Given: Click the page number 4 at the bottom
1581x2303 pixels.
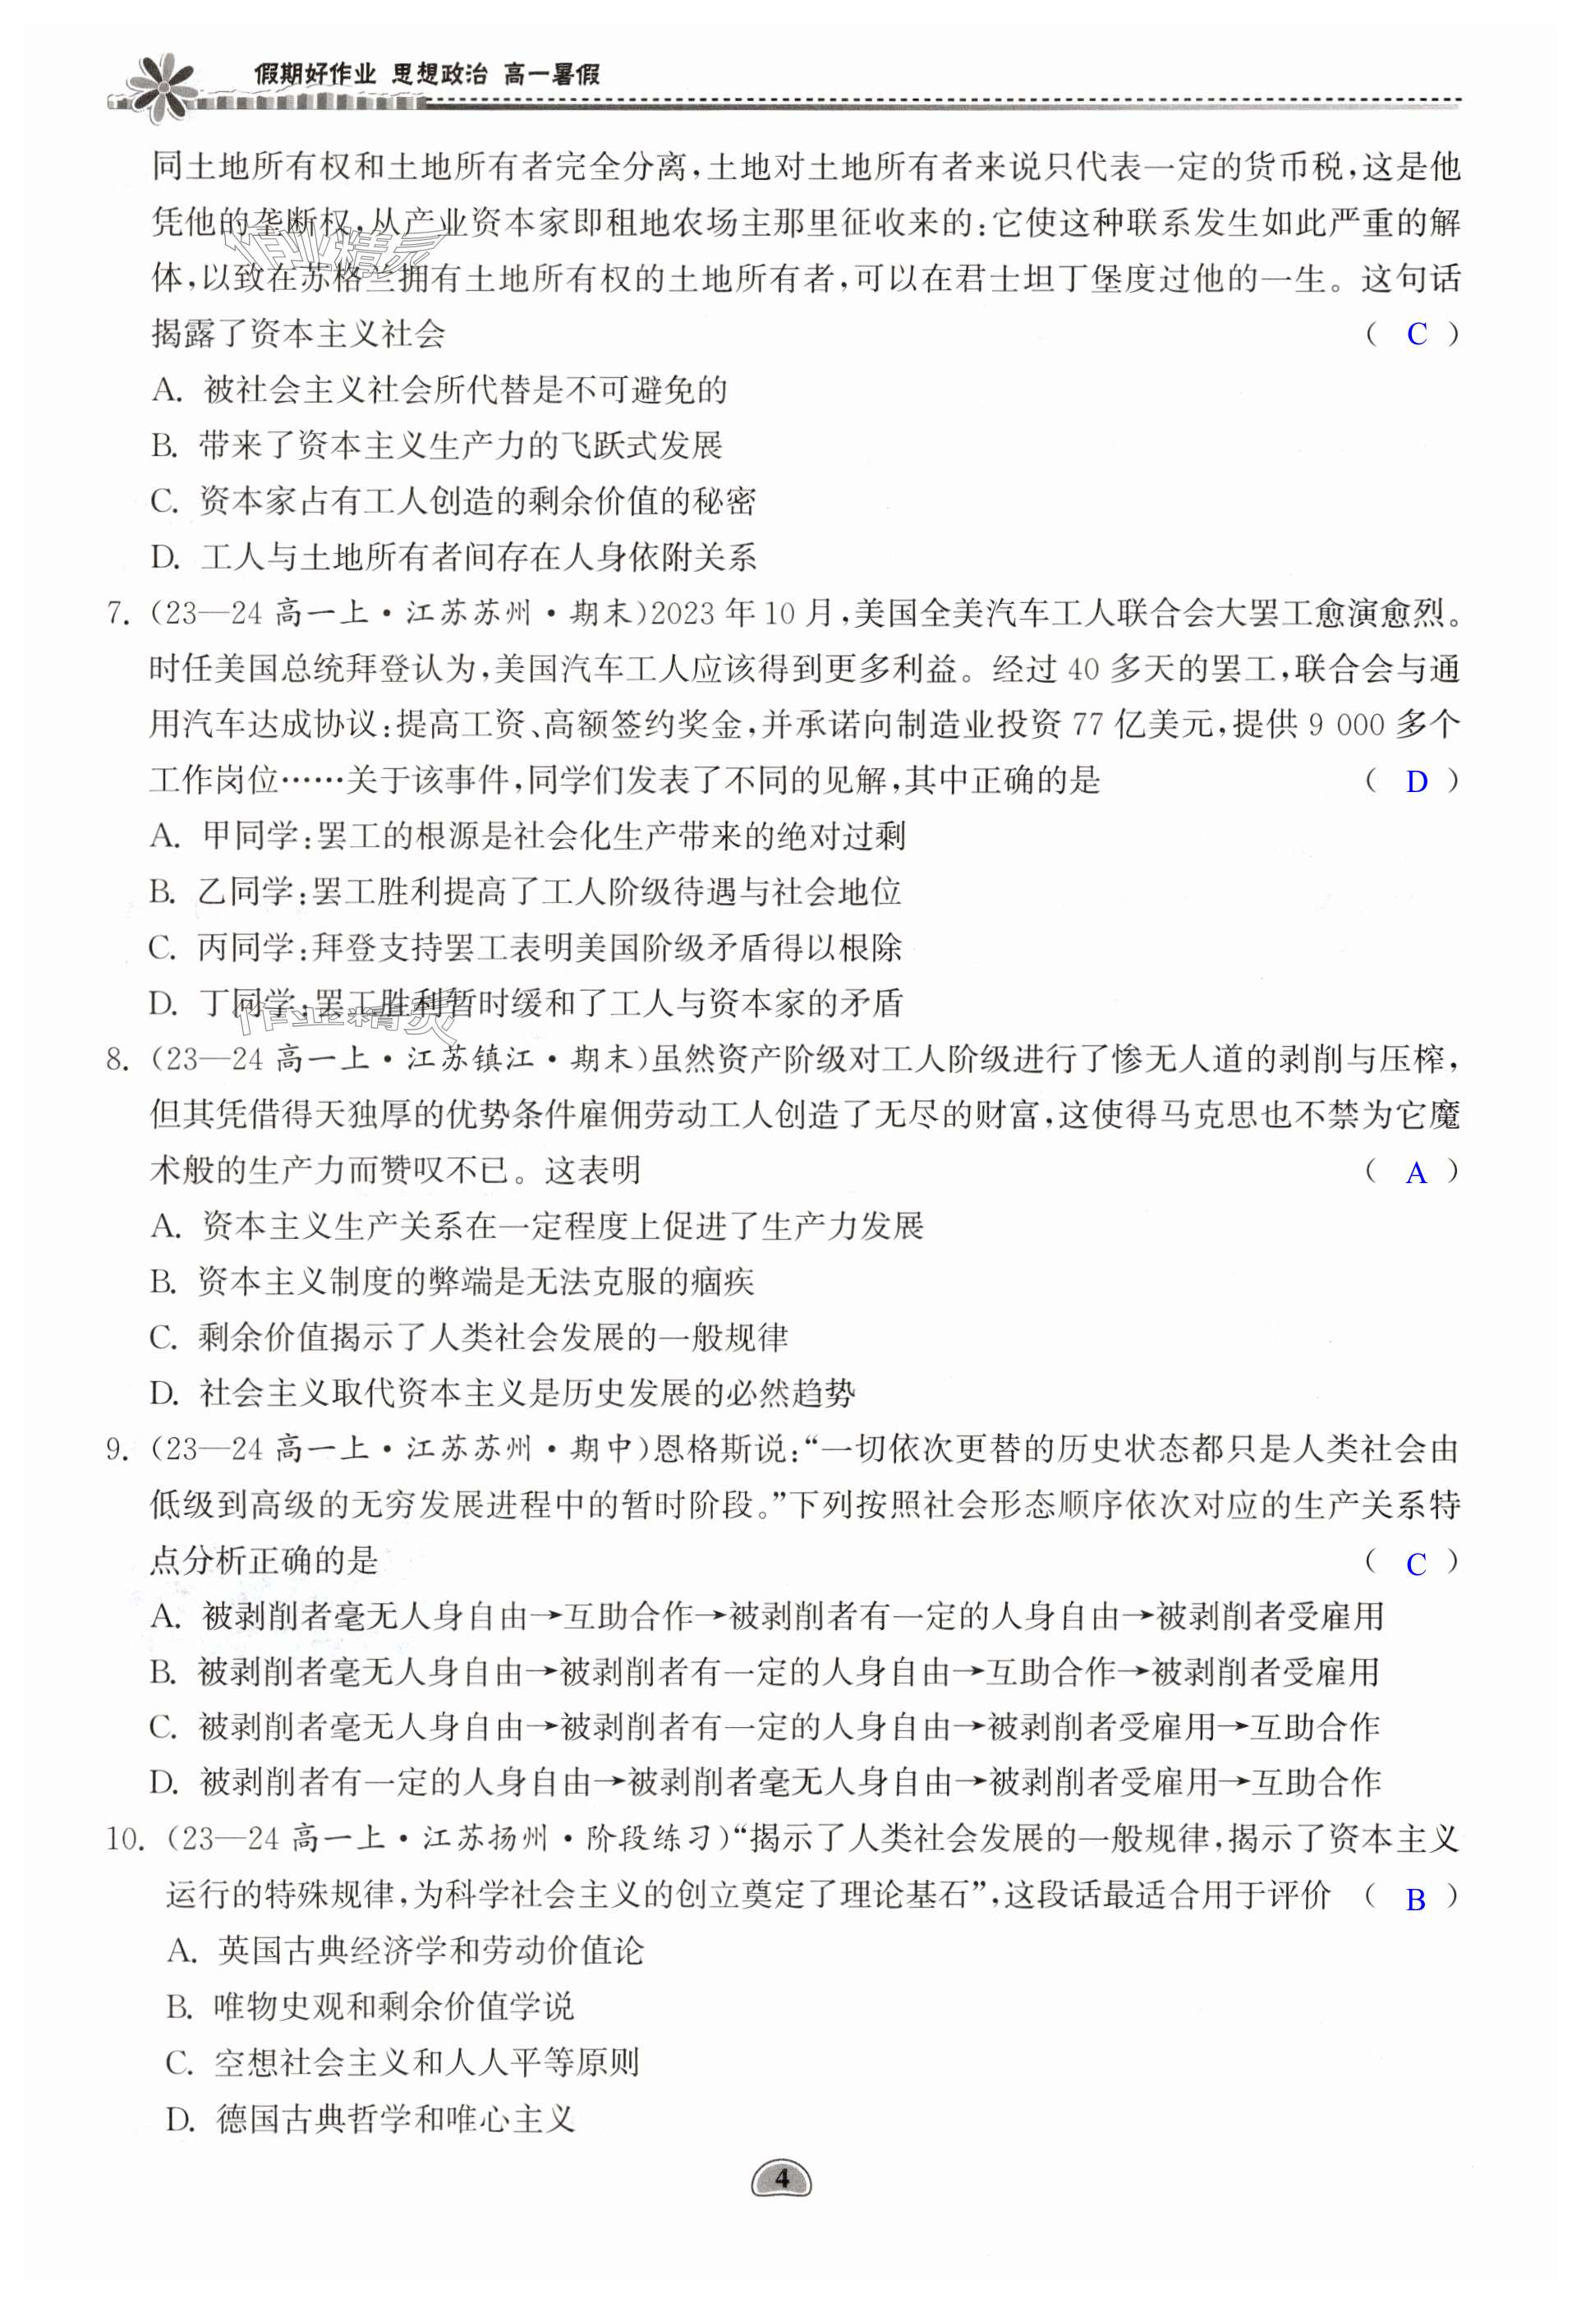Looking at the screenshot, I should click(x=782, y=2179).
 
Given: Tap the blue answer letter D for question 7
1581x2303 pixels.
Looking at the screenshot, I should click(x=1417, y=782).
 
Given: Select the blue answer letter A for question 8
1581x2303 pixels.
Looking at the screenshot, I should click(x=1416, y=1173).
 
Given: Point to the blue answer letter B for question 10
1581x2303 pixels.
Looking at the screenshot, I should click(x=1416, y=1900).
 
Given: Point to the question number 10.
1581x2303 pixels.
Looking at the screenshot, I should click(x=126, y=1840).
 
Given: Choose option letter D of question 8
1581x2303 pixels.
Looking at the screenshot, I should click(x=163, y=1394).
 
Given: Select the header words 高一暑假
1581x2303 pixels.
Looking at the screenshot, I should click(x=551, y=74).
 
